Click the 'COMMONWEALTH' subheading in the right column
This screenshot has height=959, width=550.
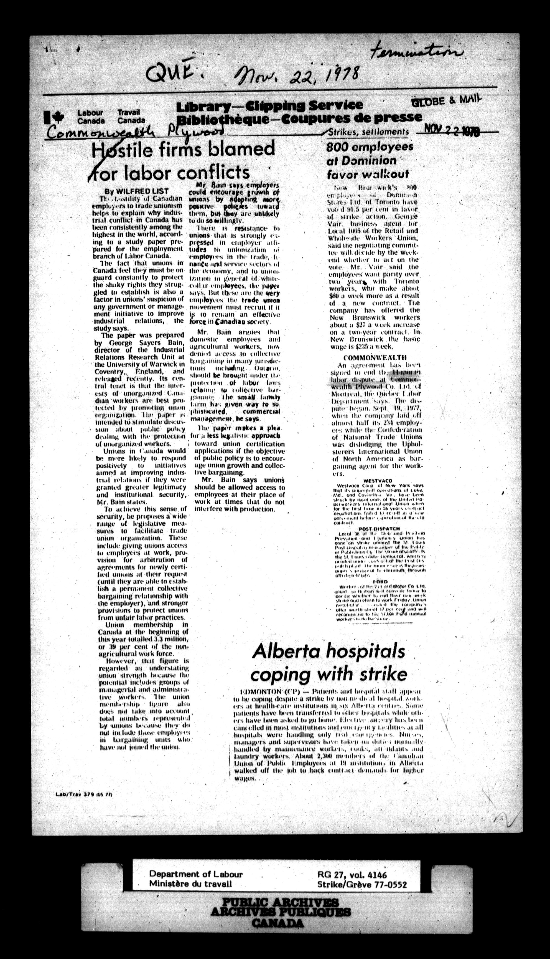375,357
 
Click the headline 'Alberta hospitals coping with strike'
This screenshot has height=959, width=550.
328,662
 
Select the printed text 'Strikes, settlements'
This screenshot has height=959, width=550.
368,132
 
